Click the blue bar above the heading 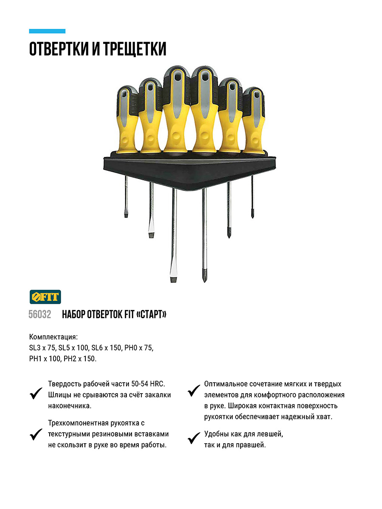(x=47, y=31)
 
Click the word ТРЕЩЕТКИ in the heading (x=135, y=49)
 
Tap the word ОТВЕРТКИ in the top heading (x=59, y=49)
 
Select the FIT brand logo (x=45, y=297)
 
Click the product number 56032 (x=39, y=314)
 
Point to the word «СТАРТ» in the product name (x=152, y=314)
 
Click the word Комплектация (x=53, y=337)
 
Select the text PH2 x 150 (x=80, y=359)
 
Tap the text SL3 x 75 (x=42, y=348)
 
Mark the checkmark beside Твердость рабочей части (x=36, y=393)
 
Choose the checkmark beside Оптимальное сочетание (x=194, y=391)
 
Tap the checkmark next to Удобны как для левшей (x=194, y=438)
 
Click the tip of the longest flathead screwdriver (x=173, y=281)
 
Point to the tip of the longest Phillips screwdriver (x=204, y=281)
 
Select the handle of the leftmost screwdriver (x=127, y=120)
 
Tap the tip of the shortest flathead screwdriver (x=126, y=217)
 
